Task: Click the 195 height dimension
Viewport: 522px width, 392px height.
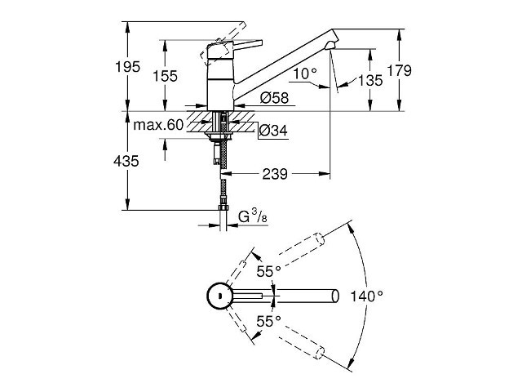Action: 127,67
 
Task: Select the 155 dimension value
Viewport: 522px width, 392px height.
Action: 165,76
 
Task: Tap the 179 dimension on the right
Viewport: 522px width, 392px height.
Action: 399,71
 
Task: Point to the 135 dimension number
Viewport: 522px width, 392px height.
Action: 370,80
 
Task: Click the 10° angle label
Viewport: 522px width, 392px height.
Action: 304,73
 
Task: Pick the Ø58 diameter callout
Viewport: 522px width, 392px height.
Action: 274,98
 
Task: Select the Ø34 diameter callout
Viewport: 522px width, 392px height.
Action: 273,131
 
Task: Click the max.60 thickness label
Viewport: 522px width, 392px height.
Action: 158,125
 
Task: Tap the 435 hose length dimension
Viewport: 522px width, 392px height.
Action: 126,162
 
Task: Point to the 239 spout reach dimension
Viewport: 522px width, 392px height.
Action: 275,174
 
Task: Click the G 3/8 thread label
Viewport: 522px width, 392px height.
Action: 253,216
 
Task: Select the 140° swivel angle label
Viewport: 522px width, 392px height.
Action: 366,296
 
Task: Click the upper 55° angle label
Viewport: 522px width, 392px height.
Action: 268,271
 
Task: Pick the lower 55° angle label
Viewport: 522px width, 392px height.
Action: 268,322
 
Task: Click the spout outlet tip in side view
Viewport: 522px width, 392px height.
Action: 332,46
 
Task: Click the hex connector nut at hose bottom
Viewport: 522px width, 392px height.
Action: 223,208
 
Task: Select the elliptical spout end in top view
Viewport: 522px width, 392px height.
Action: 335,296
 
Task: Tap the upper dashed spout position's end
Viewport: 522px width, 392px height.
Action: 320,239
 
